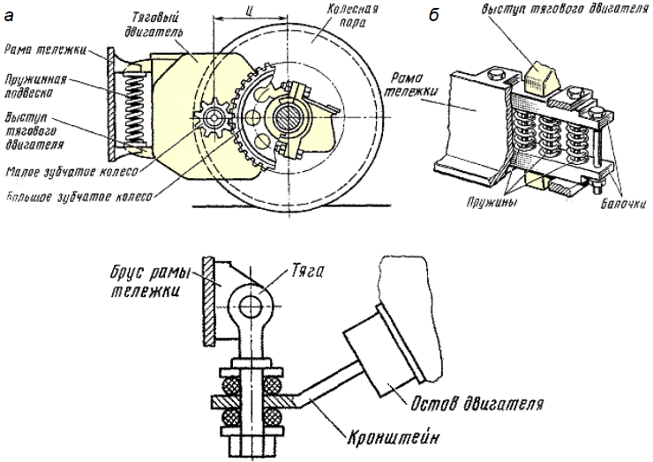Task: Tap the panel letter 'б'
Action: [x=434, y=15]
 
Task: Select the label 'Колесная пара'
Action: [x=352, y=15]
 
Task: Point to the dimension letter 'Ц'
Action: [x=249, y=12]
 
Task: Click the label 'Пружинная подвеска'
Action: [x=34, y=86]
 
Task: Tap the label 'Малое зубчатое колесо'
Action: [x=71, y=171]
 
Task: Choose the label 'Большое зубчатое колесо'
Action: [x=79, y=197]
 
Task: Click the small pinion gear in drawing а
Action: [x=214, y=118]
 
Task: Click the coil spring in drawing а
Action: [x=134, y=111]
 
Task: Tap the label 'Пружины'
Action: [x=492, y=203]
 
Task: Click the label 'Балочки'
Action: [x=623, y=204]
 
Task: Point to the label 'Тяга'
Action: [x=307, y=272]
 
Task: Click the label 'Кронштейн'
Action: [x=394, y=437]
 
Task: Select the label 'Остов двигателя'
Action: [x=477, y=403]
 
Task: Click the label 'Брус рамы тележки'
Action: [x=150, y=281]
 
